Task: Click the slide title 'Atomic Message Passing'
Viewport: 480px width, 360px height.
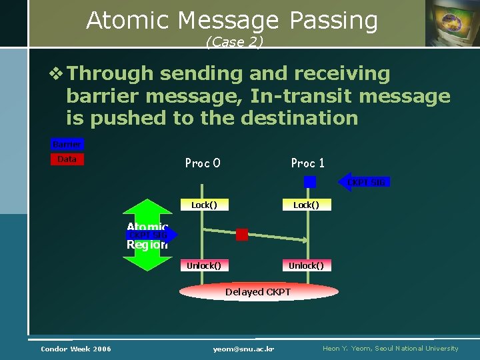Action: (x=232, y=21)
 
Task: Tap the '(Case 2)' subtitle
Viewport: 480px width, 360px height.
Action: (x=235, y=42)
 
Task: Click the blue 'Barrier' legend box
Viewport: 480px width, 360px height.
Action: (x=67, y=145)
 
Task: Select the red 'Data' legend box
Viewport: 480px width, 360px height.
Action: (x=67, y=159)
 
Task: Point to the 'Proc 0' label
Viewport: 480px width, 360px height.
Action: (x=203, y=163)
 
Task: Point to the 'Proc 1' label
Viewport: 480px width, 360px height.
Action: (x=307, y=163)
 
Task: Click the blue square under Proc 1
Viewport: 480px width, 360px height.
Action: (x=310, y=181)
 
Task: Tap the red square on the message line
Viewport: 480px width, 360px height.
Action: (x=242, y=235)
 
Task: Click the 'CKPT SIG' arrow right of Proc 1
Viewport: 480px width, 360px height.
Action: (x=366, y=182)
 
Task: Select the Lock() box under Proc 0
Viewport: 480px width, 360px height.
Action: (x=204, y=205)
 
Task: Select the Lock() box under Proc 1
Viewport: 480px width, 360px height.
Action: (x=306, y=205)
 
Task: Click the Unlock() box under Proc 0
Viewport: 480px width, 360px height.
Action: (x=204, y=265)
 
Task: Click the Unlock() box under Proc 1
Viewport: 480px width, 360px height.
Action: (x=306, y=265)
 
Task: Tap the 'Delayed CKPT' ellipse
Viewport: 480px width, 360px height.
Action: (x=257, y=292)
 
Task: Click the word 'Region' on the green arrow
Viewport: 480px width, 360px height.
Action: (x=147, y=245)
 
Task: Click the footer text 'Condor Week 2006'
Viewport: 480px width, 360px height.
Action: (x=76, y=349)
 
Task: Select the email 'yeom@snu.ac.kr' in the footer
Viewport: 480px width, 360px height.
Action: (x=244, y=349)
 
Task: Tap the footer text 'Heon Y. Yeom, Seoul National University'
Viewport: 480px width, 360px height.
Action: (x=390, y=349)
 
